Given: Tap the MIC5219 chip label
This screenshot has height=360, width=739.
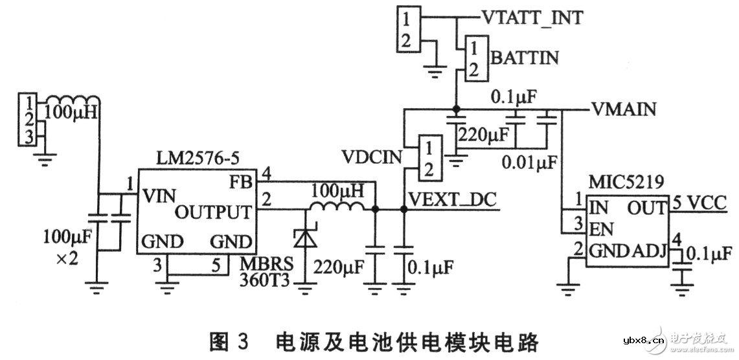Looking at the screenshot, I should click(x=626, y=184).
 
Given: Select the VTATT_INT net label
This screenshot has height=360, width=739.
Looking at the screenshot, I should click(x=532, y=17).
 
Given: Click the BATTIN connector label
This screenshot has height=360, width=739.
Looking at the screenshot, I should click(x=524, y=58).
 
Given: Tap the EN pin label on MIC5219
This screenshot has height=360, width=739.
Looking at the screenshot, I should click(x=599, y=229).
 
